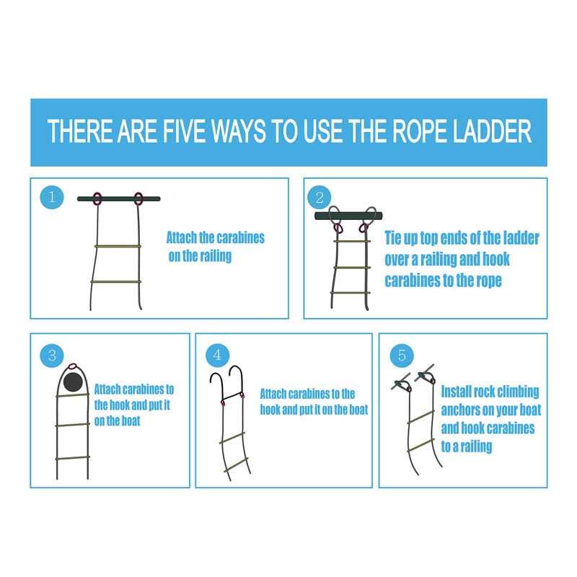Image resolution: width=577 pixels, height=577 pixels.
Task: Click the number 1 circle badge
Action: coord(51,197)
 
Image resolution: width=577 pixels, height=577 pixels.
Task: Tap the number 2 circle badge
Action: coord(319,198)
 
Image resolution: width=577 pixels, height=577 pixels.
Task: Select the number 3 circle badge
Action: coord(52,355)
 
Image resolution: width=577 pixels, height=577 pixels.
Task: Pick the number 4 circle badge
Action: coord(217,355)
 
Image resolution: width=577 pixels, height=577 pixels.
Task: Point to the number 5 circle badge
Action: coord(402,355)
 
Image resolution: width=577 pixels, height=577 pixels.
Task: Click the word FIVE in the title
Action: coord(186,131)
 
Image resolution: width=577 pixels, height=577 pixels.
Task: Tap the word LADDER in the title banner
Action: coord(492,131)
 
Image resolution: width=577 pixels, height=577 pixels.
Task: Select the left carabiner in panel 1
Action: coord(97,199)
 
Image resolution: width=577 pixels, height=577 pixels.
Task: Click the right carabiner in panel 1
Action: coord(138,199)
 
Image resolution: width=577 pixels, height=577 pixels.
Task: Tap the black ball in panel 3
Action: coord(74,382)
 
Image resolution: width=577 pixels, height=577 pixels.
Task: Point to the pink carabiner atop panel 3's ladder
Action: coord(73,366)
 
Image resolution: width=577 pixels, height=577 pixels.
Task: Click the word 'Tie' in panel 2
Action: coord(393,238)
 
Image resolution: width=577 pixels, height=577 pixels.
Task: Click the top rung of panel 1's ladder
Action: coord(118,246)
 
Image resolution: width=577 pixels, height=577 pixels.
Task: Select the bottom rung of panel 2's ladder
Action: coord(350,294)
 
